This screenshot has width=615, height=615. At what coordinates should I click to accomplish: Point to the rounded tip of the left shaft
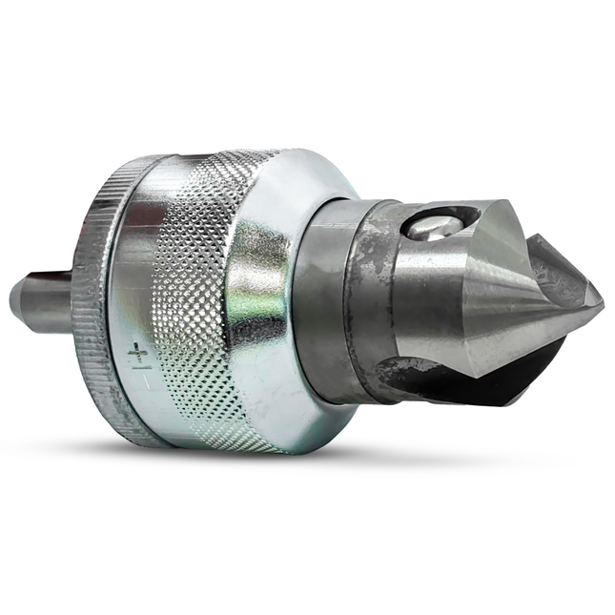coord(14,298)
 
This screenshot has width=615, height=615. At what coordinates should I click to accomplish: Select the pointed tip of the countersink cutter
coord(599,297)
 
